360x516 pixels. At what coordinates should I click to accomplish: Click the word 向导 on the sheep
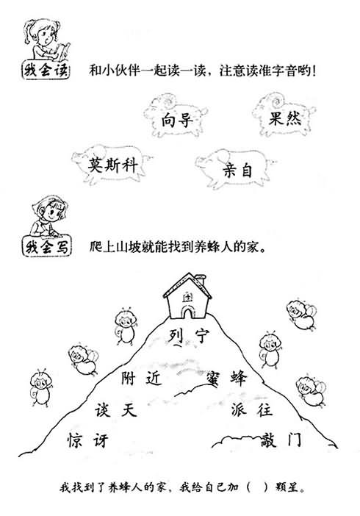click(177, 121)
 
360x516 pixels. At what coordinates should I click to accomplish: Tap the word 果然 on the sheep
click(285, 118)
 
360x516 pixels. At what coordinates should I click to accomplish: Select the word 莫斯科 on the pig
click(113, 165)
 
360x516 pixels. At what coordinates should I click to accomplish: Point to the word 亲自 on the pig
click(237, 171)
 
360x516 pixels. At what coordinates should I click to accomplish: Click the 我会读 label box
click(46, 70)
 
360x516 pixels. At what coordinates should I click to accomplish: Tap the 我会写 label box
click(46, 246)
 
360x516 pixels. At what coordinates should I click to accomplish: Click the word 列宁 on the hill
click(189, 336)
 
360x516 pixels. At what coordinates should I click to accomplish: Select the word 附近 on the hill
click(142, 378)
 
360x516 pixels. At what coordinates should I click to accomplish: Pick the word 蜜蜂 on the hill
click(227, 378)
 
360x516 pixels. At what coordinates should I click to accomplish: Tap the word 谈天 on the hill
click(116, 410)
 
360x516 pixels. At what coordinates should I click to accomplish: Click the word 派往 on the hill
click(251, 409)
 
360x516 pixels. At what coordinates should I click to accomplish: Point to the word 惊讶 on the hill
click(88, 440)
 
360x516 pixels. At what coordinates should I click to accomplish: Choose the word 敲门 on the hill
click(281, 440)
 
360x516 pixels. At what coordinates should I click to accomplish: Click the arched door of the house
click(187, 312)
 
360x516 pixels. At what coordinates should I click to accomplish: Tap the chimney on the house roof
click(200, 280)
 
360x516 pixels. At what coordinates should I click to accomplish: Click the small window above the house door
click(187, 298)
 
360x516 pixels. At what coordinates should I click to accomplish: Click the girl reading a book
click(46, 40)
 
